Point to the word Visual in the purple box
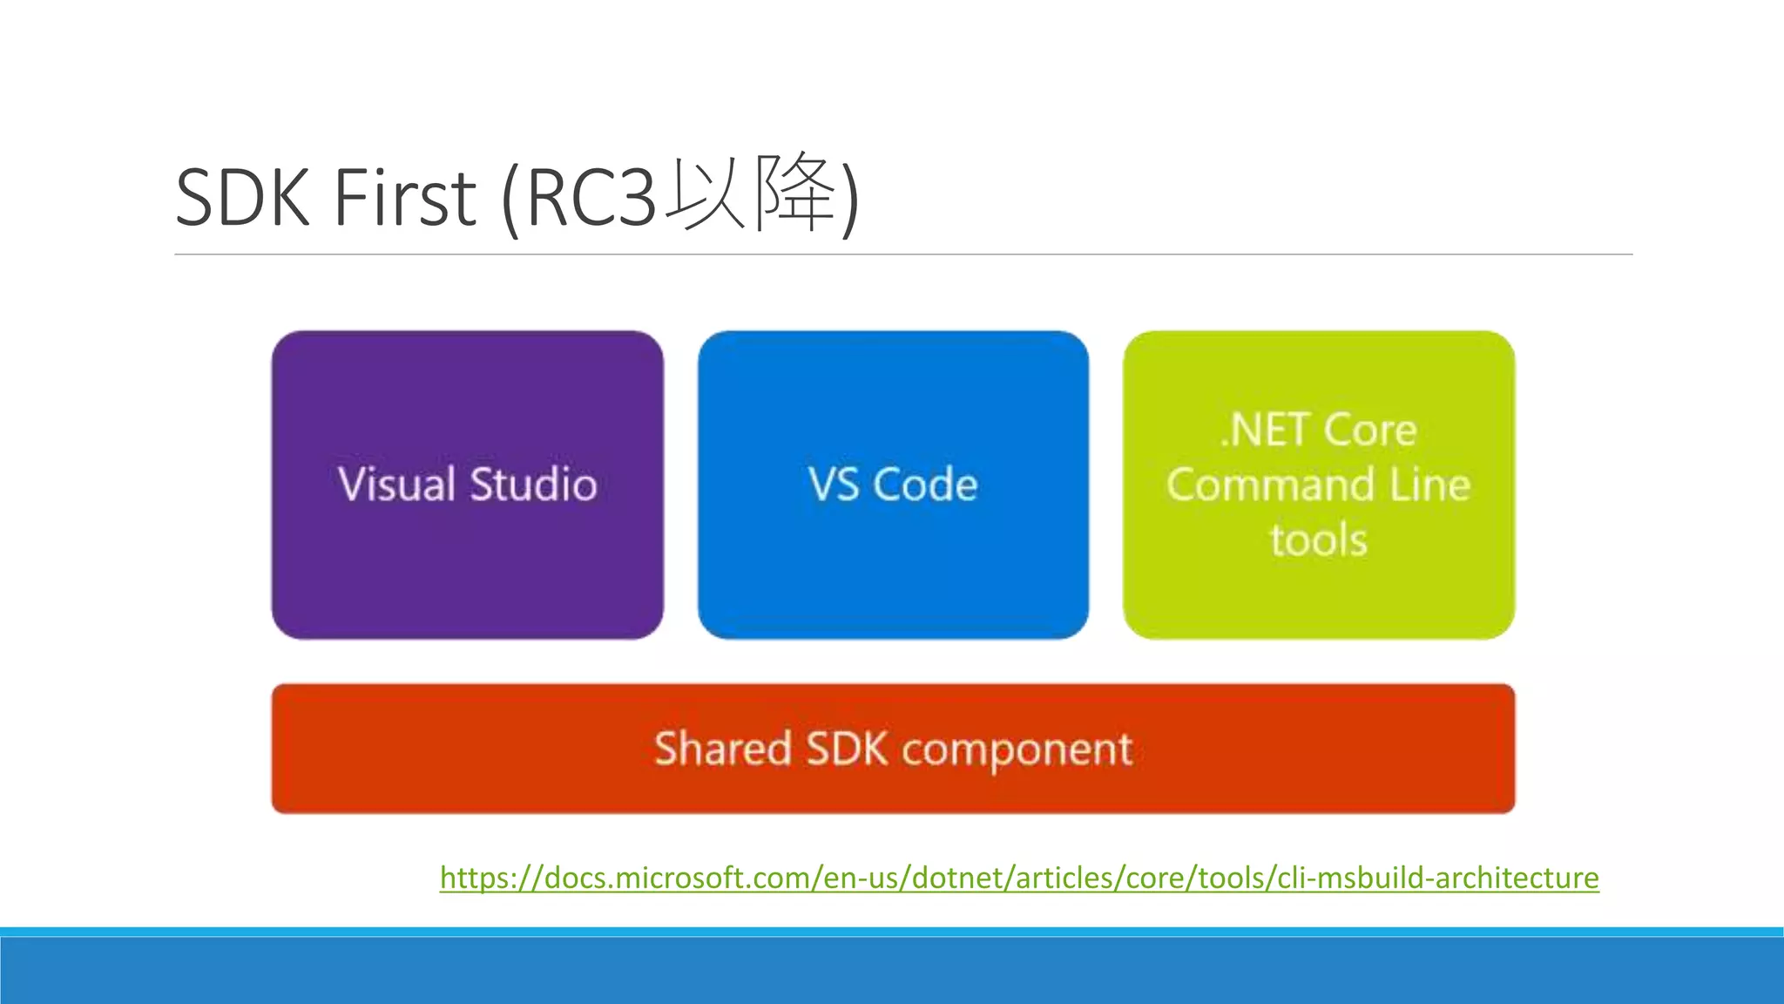click(396, 485)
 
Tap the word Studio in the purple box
click(533, 485)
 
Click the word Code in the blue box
click(925, 485)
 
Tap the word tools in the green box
click(1319, 539)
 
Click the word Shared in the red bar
click(722, 749)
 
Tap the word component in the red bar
click(1017, 750)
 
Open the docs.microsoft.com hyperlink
click(1019, 877)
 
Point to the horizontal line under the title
click(903, 254)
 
